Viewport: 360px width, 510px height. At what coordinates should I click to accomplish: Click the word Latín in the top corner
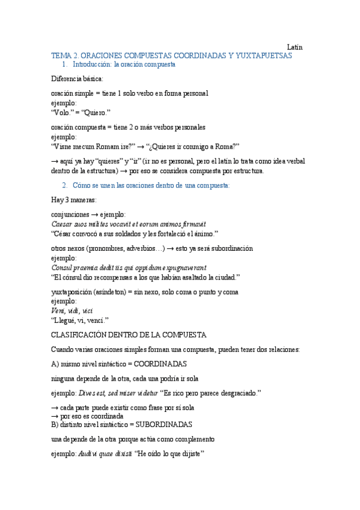point(294,47)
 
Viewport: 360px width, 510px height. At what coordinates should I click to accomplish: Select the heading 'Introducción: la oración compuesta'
point(124,64)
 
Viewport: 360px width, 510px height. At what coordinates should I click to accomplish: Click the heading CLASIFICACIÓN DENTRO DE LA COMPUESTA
point(129,335)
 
